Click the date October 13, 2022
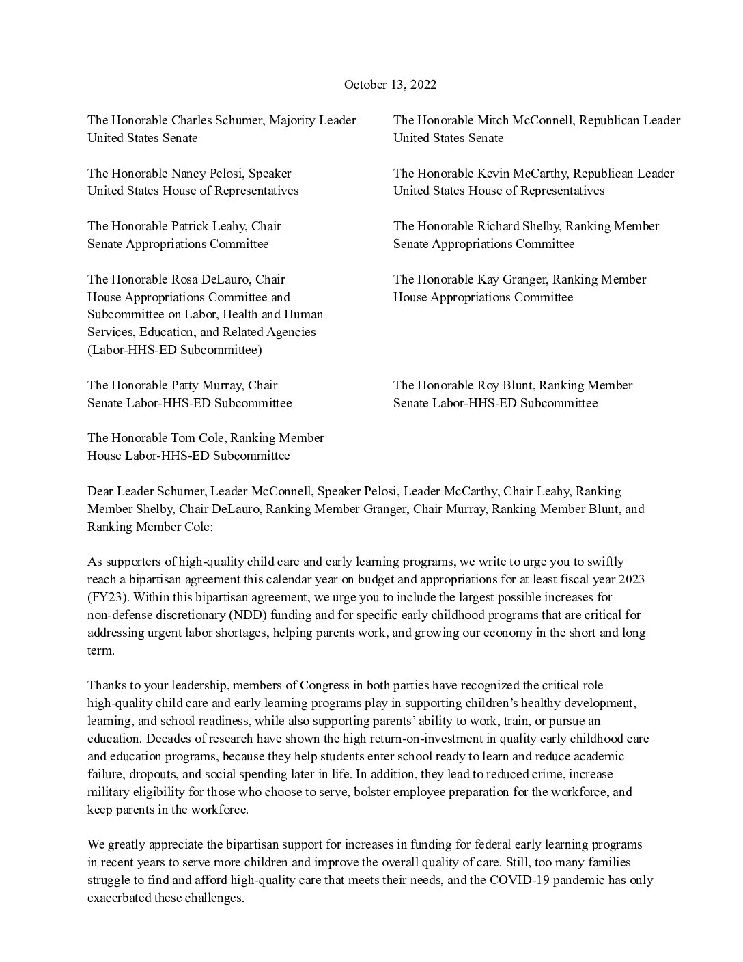click(x=390, y=85)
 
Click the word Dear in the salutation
click(x=100, y=491)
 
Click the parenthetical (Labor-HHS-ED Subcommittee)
click(x=174, y=350)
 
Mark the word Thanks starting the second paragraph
click(x=105, y=685)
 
